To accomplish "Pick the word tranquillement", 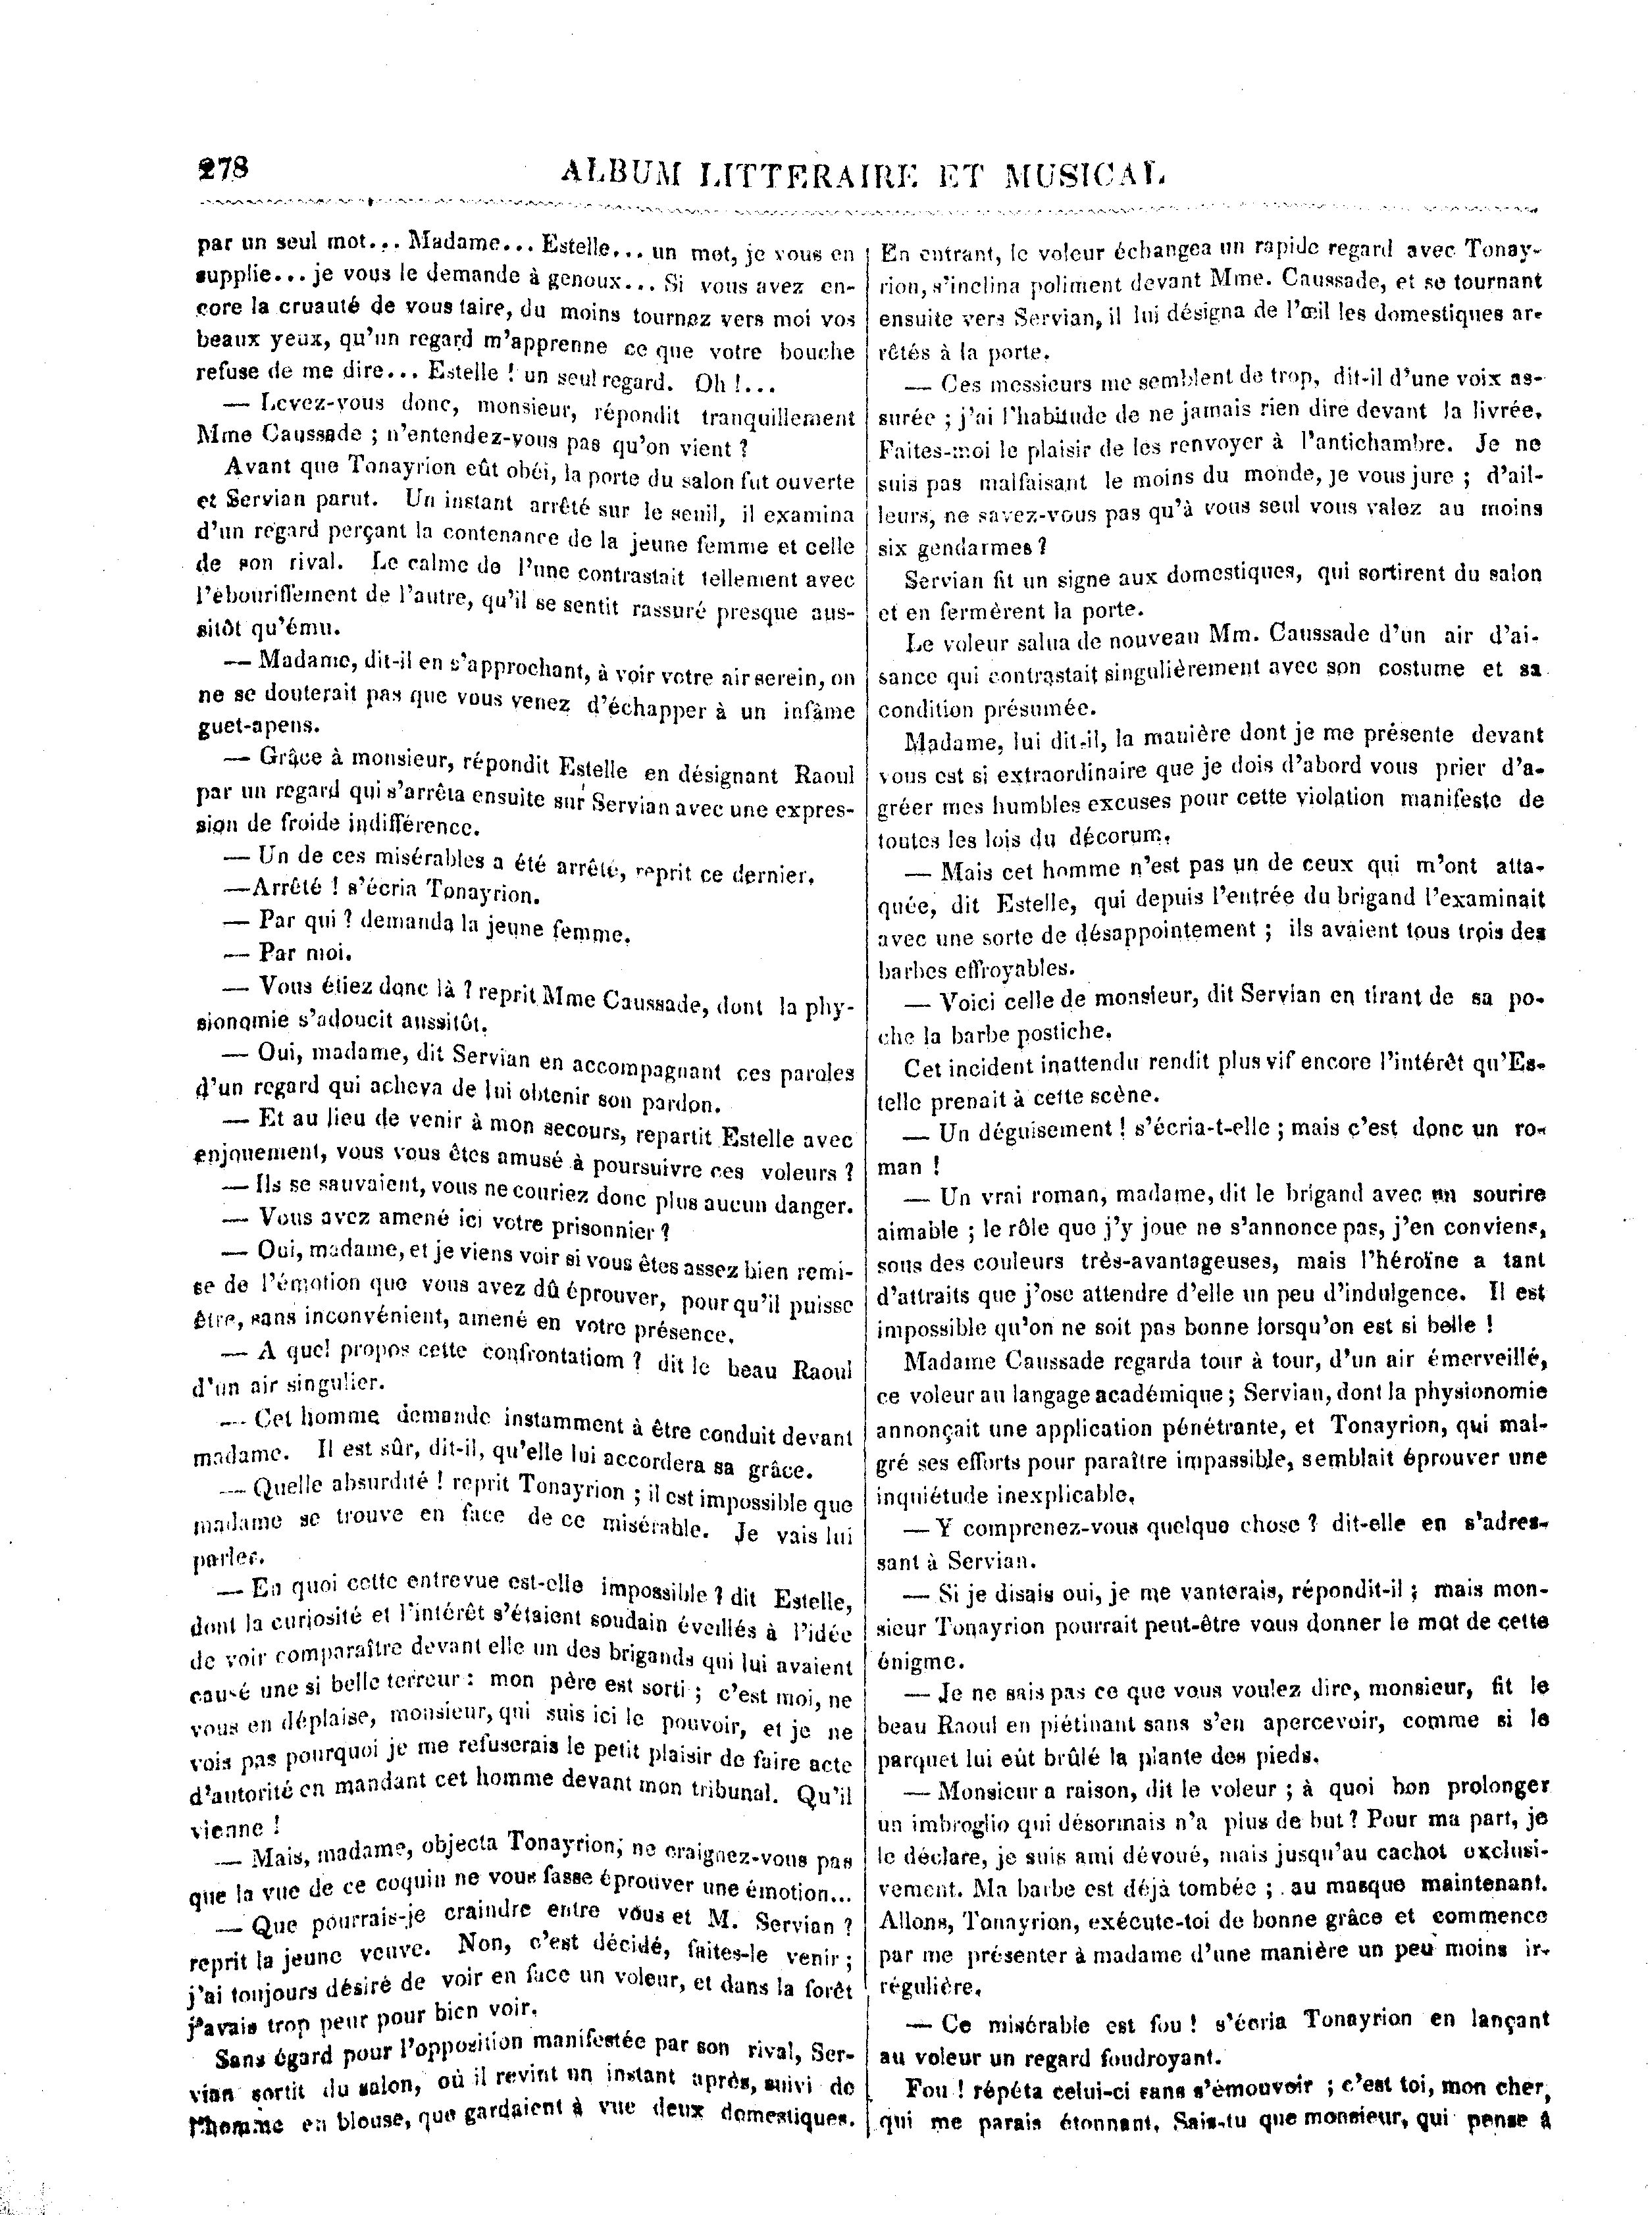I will coord(778,417).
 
